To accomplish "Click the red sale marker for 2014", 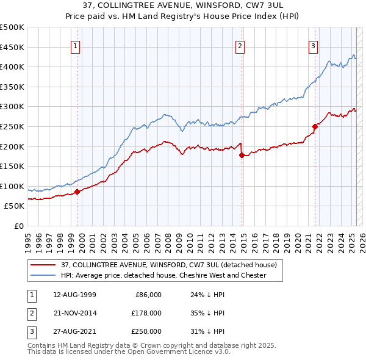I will (x=242, y=155).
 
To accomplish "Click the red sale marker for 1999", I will (x=77, y=192).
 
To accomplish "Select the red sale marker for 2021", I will (x=315, y=127).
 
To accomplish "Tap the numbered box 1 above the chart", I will (x=75, y=45).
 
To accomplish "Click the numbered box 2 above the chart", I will (x=240, y=45).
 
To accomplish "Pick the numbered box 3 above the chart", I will (x=313, y=45).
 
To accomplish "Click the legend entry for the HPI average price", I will (x=163, y=275).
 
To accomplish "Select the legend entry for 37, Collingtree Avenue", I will (x=169, y=265).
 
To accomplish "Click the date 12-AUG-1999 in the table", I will (x=75, y=295).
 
